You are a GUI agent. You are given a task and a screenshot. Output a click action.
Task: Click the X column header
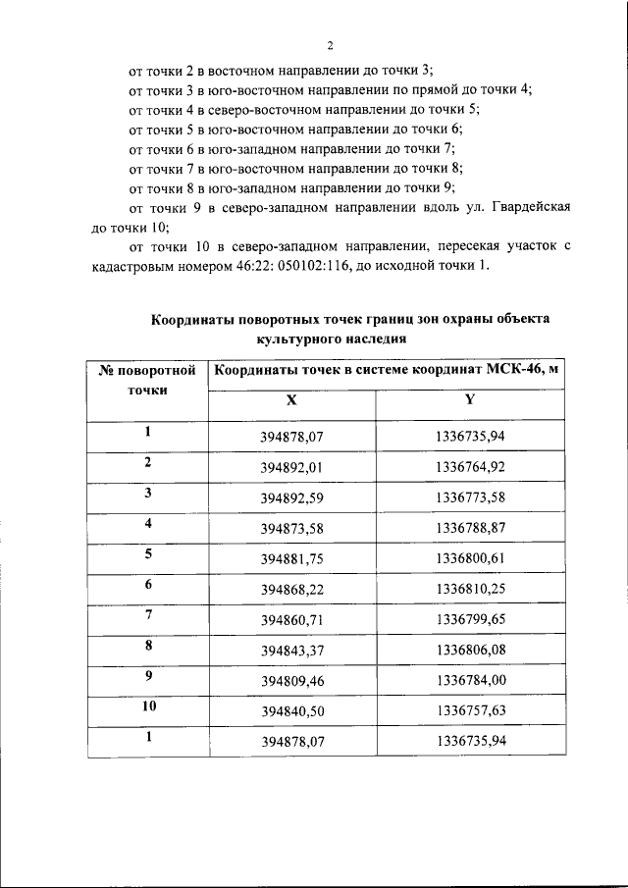[x=291, y=400]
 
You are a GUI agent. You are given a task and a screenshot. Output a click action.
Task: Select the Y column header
[x=470, y=400]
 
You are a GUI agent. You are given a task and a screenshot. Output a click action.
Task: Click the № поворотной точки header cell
[x=147, y=379]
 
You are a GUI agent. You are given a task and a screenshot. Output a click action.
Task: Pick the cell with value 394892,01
[x=291, y=465]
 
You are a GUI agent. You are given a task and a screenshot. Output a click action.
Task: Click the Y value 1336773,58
[x=470, y=496]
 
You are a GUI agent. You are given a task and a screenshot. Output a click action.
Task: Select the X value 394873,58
[x=291, y=528]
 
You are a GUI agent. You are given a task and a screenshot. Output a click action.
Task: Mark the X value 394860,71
[x=291, y=620]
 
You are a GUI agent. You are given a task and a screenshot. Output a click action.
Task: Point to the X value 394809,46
[x=291, y=680]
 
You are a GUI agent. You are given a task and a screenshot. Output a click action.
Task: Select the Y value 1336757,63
[x=470, y=709]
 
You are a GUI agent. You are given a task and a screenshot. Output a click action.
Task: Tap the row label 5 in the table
[x=147, y=553]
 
